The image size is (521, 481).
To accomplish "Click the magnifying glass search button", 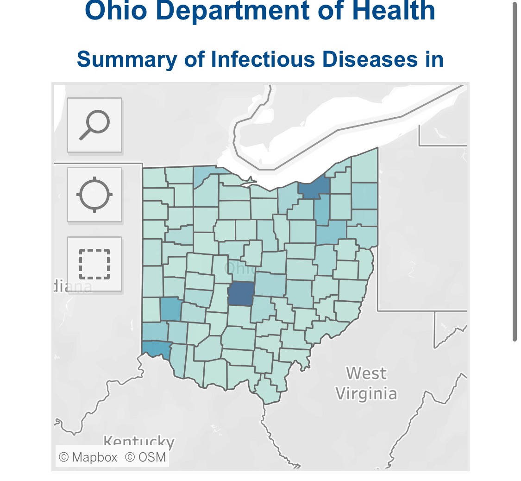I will click(94, 125).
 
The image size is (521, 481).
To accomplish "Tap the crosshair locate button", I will click(94, 194).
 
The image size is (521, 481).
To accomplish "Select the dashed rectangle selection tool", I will click(94, 264).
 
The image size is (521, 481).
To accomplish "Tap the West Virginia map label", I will click(366, 383).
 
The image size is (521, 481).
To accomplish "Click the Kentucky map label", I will click(138, 441).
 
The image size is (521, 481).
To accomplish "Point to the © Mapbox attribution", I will click(88, 457).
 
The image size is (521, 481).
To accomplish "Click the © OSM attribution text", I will click(145, 457).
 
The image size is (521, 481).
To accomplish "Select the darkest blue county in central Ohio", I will click(241, 293).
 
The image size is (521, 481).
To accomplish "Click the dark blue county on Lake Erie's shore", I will click(315, 189).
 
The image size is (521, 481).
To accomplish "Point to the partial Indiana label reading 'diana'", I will click(73, 287).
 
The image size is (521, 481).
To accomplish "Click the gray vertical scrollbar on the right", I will click(515, 171).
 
